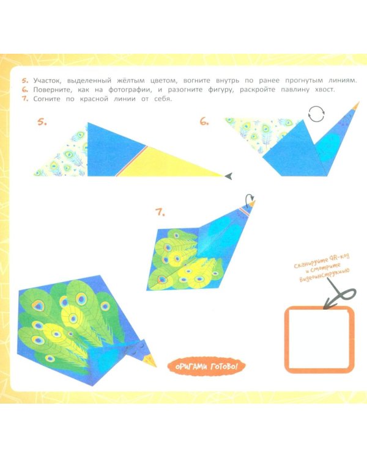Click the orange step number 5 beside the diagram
(x=42, y=122)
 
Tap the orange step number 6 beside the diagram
(x=204, y=121)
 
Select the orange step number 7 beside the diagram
(x=160, y=212)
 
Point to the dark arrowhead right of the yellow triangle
(x=229, y=176)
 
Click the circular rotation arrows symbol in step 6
(x=316, y=114)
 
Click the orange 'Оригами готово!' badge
(x=206, y=366)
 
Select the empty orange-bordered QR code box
(x=319, y=340)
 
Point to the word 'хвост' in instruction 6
(x=324, y=90)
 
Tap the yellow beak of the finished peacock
(x=151, y=360)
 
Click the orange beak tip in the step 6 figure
(x=356, y=105)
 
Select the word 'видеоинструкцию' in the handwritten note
(x=324, y=275)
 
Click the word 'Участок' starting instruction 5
(x=47, y=81)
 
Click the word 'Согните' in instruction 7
(x=47, y=99)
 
